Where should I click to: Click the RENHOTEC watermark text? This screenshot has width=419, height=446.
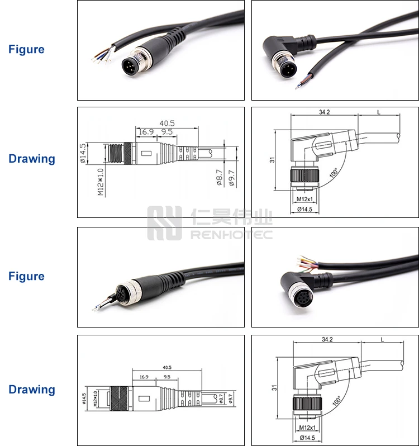pos(231,235)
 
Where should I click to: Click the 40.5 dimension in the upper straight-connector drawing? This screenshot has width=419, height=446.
pos(166,123)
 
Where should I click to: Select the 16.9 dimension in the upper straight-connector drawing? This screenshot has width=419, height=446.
pos(146,132)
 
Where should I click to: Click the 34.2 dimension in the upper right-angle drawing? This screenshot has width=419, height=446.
pos(324,112)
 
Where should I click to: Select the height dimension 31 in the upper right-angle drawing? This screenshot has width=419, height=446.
pos(272,159)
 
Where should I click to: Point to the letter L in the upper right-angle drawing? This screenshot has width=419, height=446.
pos(378,112)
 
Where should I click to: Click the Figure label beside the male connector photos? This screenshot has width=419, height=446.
pos(26,49)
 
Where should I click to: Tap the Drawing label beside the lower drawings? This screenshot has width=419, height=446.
pos(32,390)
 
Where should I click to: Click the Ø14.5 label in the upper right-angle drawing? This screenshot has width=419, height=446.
pos(304,209)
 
